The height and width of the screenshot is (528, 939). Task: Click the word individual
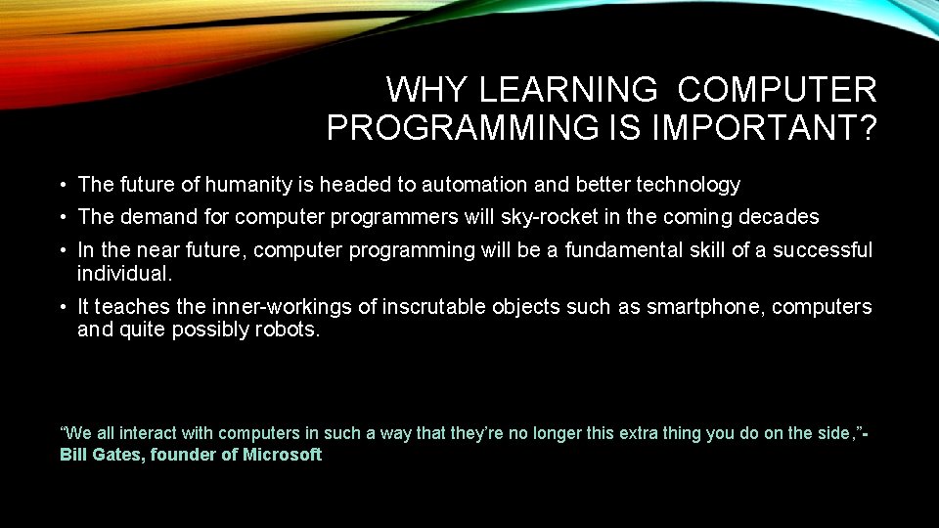click(123, 273)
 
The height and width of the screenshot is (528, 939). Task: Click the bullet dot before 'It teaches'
click(62, 307)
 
